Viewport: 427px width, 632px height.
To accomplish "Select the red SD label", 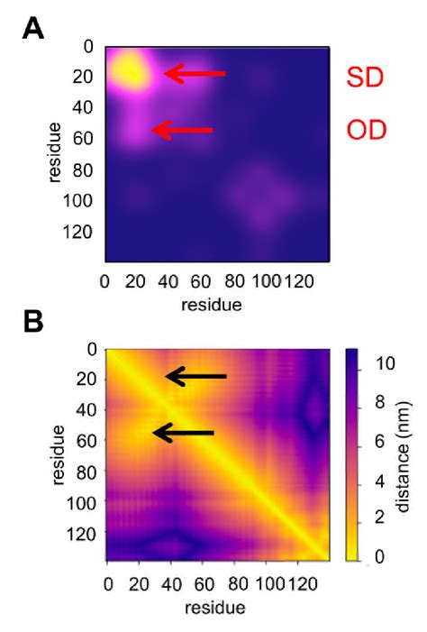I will [366, 78].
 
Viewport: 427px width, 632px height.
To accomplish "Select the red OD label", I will [367, 132].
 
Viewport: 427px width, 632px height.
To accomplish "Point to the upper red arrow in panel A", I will [195, 74].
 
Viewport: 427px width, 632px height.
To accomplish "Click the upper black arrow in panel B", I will [195, 377].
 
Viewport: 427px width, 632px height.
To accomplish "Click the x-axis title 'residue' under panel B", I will [211, 608].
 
